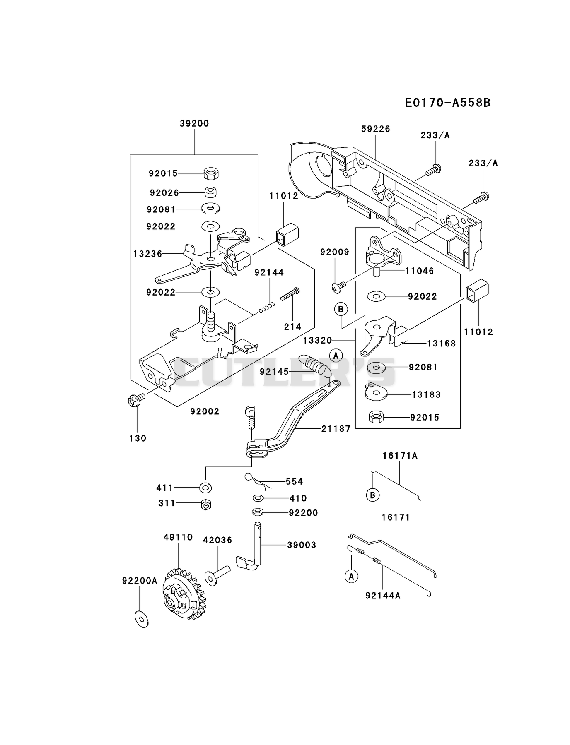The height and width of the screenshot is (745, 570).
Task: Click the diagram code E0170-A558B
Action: [448, 102]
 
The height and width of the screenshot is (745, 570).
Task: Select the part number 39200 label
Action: [194, 123]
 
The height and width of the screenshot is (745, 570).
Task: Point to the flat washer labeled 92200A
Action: [142, 619]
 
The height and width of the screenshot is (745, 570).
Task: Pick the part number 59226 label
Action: [376, 129]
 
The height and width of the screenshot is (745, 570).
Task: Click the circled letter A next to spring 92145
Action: [336, 355]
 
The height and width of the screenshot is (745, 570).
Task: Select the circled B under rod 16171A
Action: [373, 495]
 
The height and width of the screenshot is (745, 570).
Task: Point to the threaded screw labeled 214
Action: [290, 294]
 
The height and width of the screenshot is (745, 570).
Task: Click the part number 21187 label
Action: [336, 429]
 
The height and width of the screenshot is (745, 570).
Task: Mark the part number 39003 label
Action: [302, 545]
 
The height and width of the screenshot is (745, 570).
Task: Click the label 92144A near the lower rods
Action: [383, 596]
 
